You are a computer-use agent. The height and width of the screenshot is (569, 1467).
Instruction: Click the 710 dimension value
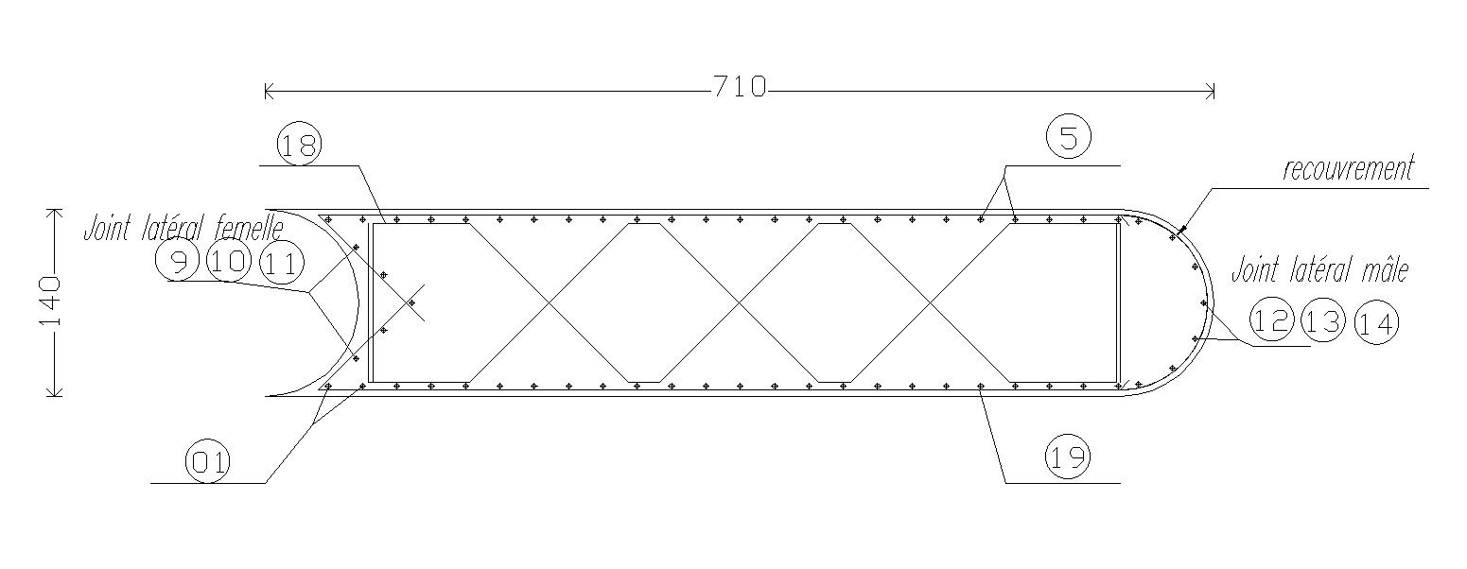coord(740,88)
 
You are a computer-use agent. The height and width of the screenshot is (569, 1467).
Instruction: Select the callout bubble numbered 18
coord(299,145)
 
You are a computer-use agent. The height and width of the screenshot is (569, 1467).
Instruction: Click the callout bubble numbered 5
coord(1069,138)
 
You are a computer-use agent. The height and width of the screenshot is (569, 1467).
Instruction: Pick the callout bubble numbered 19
coord(1068,458)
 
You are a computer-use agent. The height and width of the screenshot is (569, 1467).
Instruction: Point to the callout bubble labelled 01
coord(208,462)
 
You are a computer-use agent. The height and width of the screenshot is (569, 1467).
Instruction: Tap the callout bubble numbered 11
coord(279,265)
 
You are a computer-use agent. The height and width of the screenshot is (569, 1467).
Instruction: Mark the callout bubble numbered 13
coord(1323,321)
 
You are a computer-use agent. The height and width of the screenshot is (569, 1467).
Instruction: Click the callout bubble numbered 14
coord(1376,324)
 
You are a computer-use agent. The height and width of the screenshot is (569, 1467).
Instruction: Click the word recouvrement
coord(1348,170)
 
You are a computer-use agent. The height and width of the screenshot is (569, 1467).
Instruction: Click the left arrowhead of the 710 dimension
coord(268,92)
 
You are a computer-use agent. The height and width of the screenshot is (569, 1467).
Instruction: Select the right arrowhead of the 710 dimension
coord(1212,92)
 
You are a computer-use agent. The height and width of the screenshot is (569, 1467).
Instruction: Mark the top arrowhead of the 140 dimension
coord(55,211)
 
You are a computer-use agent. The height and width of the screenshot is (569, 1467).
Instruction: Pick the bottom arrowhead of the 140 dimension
coord(55,393)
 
